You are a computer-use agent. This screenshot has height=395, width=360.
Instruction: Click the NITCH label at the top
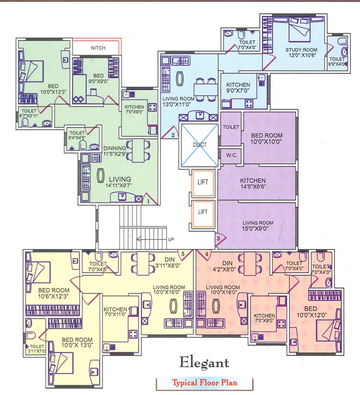click(x=98, y=48)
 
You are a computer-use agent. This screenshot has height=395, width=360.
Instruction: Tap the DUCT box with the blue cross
click(x=198, y=145)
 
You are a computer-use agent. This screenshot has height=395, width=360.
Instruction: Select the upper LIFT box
click(x=203, y=182)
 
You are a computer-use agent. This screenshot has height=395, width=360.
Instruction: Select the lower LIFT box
click(x=203, y=212)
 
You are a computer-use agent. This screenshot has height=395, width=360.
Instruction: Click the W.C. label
click(x=231, y=156)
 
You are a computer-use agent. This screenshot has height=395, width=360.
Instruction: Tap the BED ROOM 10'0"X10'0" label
click(x=267, y=139)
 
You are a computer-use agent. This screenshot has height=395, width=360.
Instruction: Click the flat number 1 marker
click(x=148, y=201)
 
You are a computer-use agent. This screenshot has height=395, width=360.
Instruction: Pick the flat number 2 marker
click(x=173, y=135)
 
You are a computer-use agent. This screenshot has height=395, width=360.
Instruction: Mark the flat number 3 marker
click(x=218, y=239)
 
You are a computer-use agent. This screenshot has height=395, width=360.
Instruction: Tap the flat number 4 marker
click(x=206, y=254)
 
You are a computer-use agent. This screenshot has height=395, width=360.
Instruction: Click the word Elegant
click(x=204, y=362)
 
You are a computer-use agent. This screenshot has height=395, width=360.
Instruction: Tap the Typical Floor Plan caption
click(x=205, y=383)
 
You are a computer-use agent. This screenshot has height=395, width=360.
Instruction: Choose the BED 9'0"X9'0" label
click(x=98, y=78)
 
